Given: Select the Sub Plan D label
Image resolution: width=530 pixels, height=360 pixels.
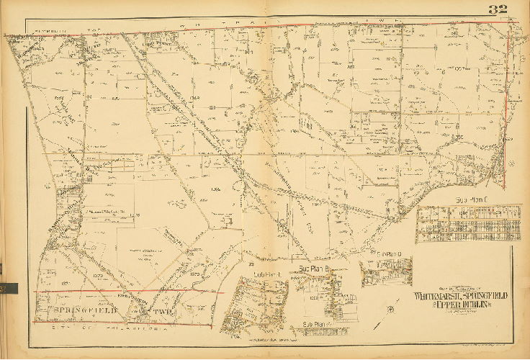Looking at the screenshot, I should [x=388, y=254].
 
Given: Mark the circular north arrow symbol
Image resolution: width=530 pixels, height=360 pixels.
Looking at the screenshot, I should [x=390, y=310].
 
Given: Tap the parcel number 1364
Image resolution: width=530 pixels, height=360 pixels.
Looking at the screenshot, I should [x=215, y=189].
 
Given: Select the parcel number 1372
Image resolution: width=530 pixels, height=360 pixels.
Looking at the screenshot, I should [x=99, y=275].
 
